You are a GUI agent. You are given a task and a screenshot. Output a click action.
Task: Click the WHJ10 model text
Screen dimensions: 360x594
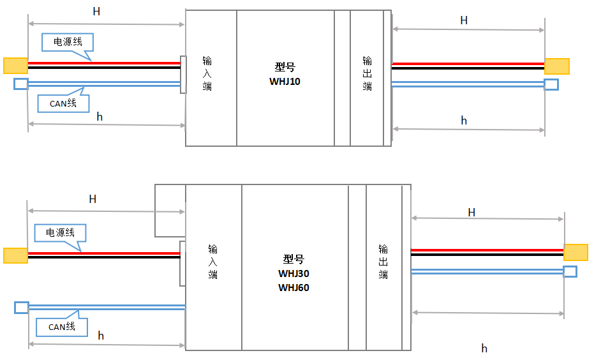[285, 81]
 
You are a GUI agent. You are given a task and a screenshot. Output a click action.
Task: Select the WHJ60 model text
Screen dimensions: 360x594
[293, 287]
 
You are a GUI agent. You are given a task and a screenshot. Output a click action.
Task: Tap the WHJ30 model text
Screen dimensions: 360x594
[293, 273]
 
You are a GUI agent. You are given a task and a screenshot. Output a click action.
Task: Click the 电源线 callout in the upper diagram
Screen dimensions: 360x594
[68, 42]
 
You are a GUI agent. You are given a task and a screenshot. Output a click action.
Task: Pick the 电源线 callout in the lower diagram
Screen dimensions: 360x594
[60, 233]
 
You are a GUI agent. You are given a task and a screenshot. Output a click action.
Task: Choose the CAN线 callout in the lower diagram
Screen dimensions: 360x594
[62, 327]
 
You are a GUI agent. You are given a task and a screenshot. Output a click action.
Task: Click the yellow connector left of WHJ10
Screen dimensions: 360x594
[15, 65]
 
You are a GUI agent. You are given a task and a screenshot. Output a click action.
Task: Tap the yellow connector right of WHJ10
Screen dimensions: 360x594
[556, 66]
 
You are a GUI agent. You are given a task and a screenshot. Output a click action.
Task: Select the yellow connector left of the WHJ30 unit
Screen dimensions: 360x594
[15, 255]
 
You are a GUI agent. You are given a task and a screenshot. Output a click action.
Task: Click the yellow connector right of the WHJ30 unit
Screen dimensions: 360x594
[575, 252]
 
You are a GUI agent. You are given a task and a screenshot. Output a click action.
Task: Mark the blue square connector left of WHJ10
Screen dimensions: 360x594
[21, 84]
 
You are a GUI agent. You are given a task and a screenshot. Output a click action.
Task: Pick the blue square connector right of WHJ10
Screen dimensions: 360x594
[551, 84]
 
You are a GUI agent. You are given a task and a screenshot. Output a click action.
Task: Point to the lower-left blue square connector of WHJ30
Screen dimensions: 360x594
[22, 308]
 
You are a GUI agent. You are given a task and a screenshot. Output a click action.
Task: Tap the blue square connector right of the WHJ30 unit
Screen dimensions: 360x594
[570, 271]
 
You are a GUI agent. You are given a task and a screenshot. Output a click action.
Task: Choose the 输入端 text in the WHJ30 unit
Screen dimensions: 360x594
[213, 261]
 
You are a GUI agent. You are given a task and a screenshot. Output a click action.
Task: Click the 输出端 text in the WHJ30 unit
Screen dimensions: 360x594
[383, 261]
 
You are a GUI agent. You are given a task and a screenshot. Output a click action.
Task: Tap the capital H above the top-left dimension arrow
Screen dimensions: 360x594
[96, 11]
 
